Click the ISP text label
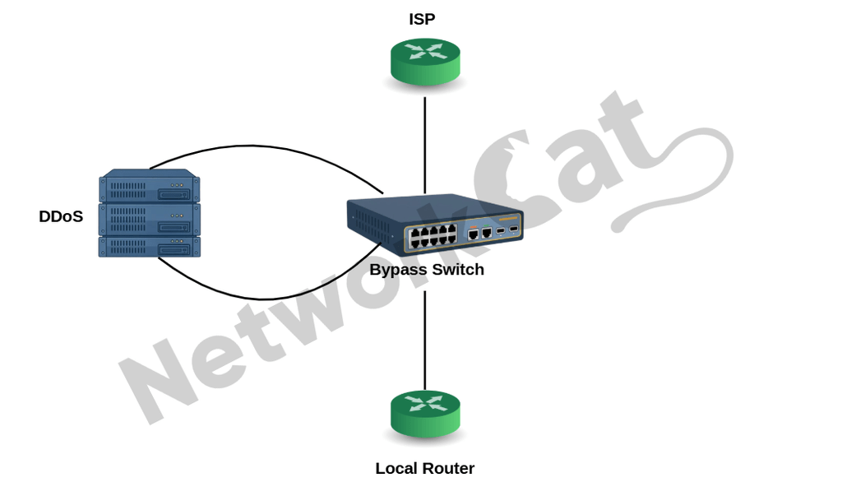coord(422,20)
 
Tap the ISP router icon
coord(425,61)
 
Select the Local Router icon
coord(425,414)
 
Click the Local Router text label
coord(425,469)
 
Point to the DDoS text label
coord(61,216)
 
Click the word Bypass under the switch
coord(398,270)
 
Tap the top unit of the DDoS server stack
coord(150,186)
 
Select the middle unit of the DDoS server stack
coord(150,220)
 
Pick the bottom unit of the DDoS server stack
coord(150,247)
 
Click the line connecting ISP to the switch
coord(425,145)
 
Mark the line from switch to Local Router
coord(425,341)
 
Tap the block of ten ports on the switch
coord(433,237)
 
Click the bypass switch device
coord(435,224)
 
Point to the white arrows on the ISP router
coord(425,52)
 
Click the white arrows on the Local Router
coord(425,404)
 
